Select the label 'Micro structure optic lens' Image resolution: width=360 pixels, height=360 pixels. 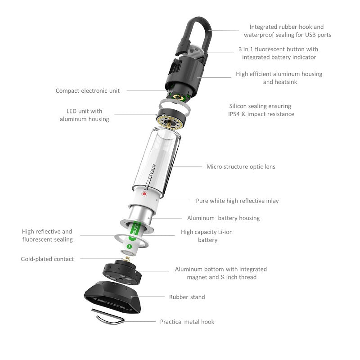[x=241, y=166]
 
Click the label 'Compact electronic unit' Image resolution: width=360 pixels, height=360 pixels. [x=88, y=90]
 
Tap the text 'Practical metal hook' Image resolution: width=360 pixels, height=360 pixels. [x=187, y=322]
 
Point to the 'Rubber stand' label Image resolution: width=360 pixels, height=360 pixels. [x=187, y=297]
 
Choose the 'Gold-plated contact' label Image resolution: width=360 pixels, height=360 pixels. [x=47, y=259]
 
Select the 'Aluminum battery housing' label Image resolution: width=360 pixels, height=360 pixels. [x=223, y=218]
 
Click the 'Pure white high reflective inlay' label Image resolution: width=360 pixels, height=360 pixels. [x=237, y=201]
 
